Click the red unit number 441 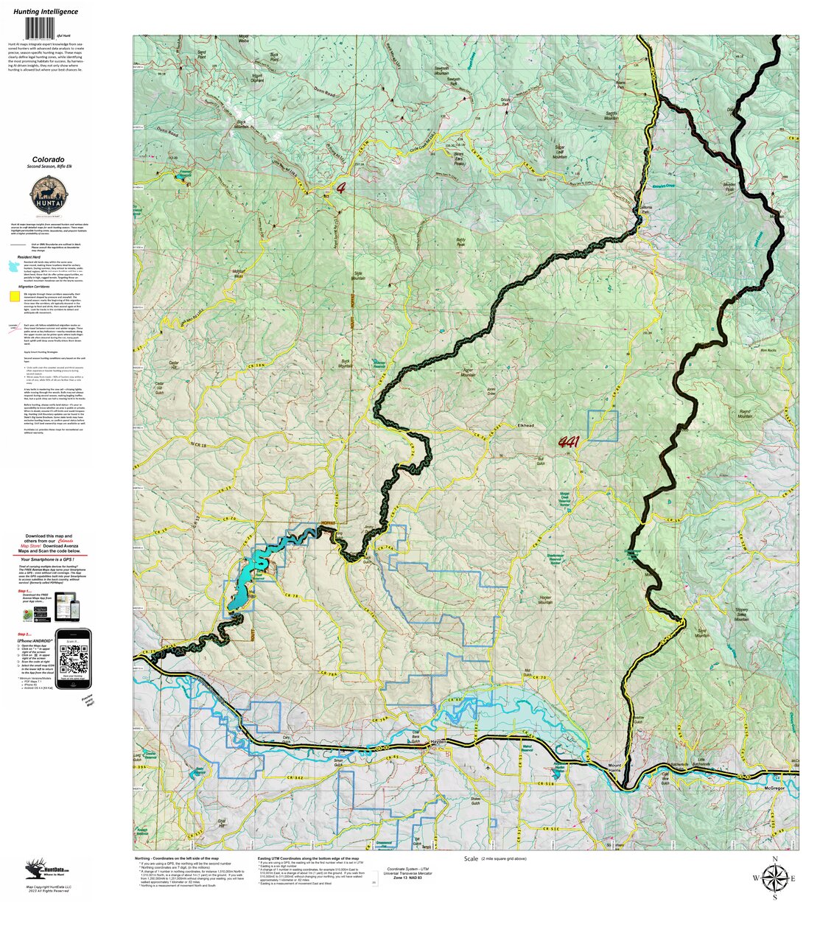[568, 443]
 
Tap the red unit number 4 [341, 187]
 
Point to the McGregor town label [774, 787]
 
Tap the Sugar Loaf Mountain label [560, 152]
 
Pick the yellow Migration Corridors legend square [14, 296]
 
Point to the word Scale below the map [471, 859]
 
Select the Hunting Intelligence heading [46, 12]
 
